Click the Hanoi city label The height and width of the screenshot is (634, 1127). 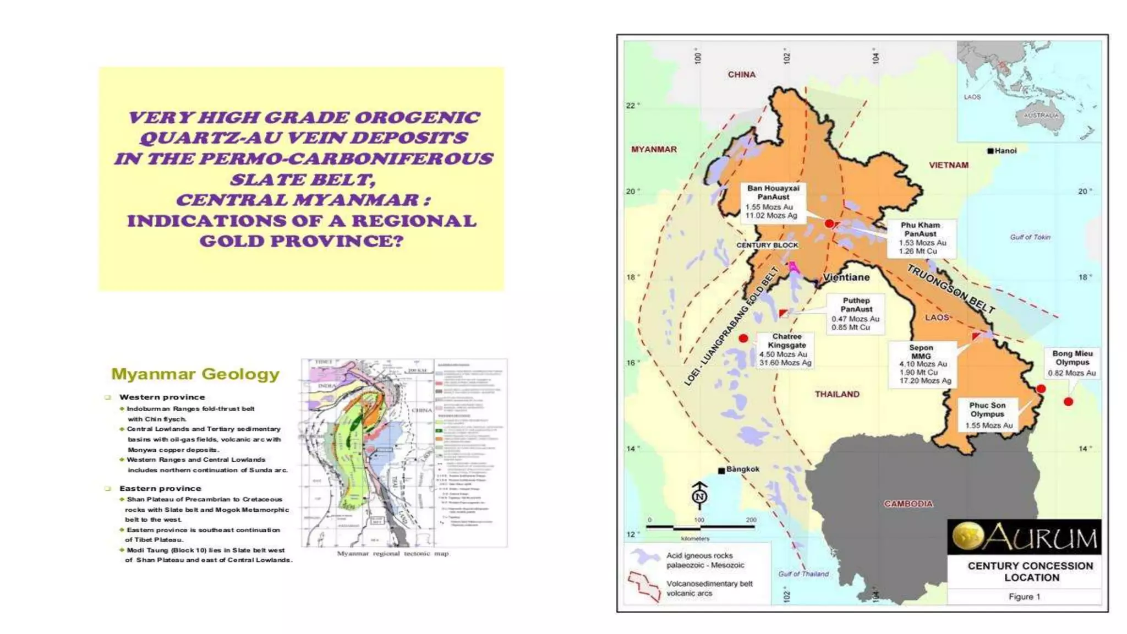tap(1005, 151)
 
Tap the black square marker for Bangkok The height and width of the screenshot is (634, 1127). tap(721, 471)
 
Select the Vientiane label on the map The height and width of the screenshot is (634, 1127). tap(846, 277)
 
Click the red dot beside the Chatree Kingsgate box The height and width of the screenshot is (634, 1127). tap(743, 338)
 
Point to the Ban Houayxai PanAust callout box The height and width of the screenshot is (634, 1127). tap(773, 202)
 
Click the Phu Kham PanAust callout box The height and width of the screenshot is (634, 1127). tap(921, 238)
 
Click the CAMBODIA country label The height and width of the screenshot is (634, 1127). tap(908, 504)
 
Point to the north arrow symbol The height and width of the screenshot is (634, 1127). tap(699, 494)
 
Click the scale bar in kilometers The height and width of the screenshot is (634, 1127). tap(699, 527)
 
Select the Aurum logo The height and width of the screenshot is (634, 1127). tap(1024, 537)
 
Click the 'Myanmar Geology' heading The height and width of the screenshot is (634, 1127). tap(195, 374)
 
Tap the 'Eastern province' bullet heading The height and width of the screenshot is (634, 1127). tap(160, 488)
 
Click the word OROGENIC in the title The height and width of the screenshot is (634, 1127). tap(417, 118)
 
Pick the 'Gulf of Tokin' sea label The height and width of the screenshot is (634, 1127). tap(1030, 237)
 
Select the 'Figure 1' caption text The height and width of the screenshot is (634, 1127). tap(1024, 597)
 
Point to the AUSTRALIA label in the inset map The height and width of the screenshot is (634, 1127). tap(1041, 116)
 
